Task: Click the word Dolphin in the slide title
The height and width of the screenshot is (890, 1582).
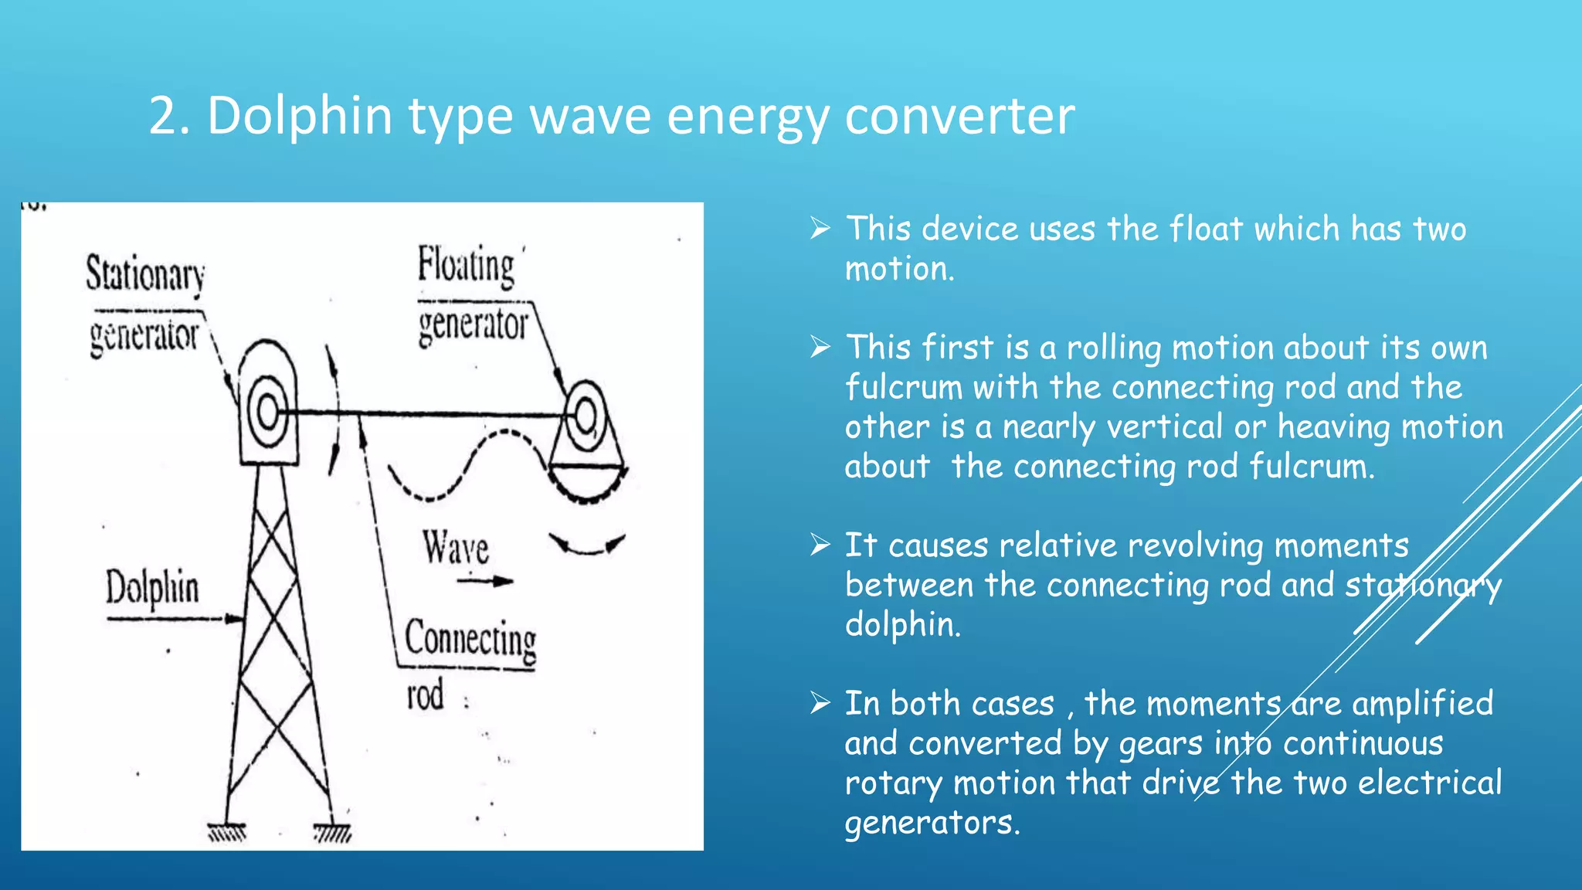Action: [300, 116]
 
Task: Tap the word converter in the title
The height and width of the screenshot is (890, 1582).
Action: [959, 116]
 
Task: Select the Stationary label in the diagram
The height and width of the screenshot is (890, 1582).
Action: [145, 274]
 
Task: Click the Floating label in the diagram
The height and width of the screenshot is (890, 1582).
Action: [466, 266]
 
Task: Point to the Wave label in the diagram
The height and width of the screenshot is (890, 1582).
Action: [456, 548]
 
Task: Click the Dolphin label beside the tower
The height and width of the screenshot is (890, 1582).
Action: [152, 588]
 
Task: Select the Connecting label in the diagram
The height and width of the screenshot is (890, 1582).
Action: [470, 640]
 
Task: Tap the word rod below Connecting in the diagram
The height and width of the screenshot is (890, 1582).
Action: [426, 695]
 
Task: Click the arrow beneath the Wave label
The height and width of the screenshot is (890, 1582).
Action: [485, 581]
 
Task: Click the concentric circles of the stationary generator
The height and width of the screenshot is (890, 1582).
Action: [267, 411]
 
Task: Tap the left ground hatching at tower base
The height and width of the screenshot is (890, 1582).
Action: [227, 833]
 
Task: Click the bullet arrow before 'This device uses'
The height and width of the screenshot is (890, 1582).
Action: [820, 229]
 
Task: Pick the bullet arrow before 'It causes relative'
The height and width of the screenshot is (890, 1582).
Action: [820, 545]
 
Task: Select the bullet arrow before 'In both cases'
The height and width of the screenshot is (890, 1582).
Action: [820, 704]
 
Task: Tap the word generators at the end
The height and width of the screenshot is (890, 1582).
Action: [932, 823]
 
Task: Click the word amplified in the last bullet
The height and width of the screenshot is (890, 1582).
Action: [1422, 704]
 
